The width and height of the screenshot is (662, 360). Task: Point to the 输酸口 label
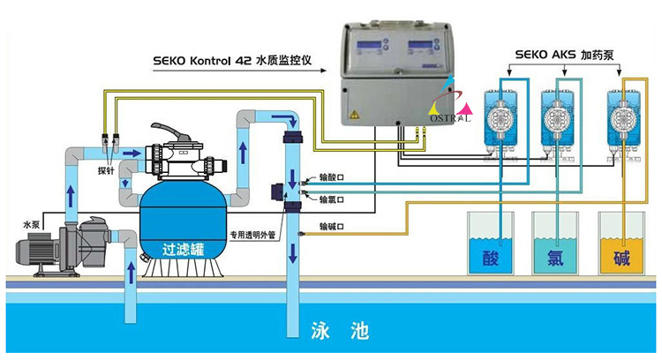332,177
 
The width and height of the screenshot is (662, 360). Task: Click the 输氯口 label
332,199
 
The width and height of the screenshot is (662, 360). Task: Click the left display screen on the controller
368,48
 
